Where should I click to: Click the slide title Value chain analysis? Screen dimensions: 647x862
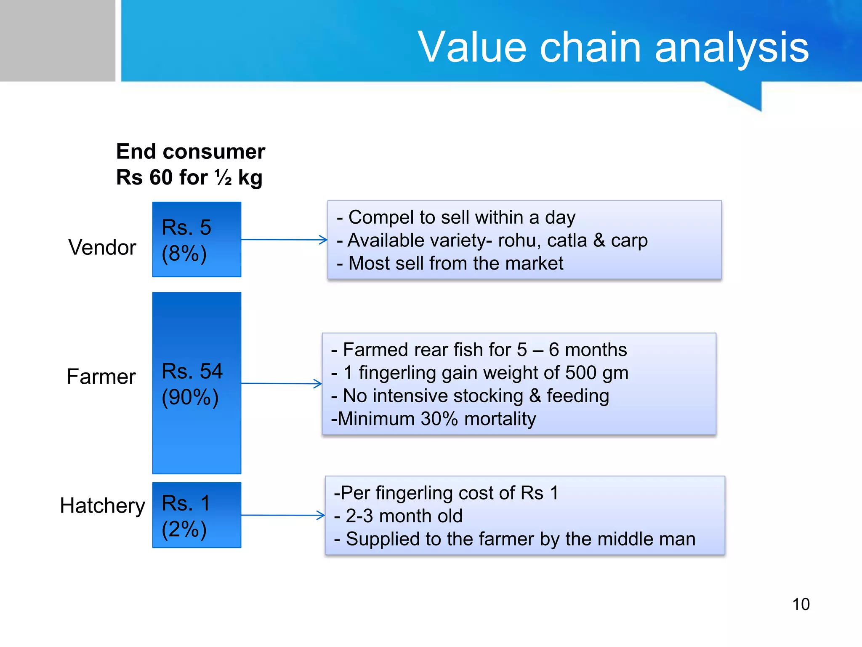tap(613, 47)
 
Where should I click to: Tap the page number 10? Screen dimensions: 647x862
tap(801, 604)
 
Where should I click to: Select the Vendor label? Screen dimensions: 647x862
tap(102, 247)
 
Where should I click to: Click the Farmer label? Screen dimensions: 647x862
tap(101, 376)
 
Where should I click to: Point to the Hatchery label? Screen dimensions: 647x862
tap(102, 505)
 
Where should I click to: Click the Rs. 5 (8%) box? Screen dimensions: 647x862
tap(197, 239)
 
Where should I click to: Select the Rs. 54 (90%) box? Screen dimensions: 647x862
tap(197, 383)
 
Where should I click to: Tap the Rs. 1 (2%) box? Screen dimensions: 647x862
tap(197, 515)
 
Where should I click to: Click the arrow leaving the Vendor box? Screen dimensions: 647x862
tap(284, 240)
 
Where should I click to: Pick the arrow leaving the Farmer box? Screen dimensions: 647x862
tap(281, 383)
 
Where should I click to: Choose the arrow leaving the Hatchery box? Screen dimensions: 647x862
tap(283, 515)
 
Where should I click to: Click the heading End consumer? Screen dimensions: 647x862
tap(191, 152)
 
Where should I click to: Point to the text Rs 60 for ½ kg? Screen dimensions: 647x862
tap(189, 177)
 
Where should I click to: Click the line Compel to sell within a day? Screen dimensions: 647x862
tap(456, 217)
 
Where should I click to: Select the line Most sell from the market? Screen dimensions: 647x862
tap(450, 263)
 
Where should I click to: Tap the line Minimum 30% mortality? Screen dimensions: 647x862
tap(434, 419)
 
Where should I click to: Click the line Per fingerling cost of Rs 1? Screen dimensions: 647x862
tap(446, 493)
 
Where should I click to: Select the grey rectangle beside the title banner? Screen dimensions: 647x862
tap(57, 40)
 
